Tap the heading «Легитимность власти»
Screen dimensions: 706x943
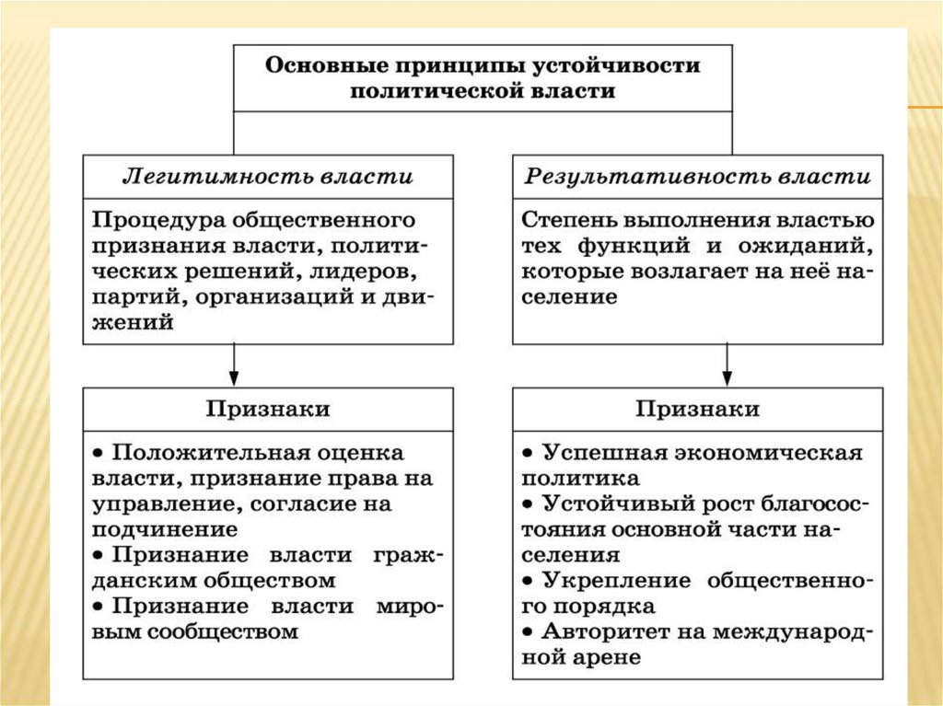coord(268,177)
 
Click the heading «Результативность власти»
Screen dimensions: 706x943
coord(697,177)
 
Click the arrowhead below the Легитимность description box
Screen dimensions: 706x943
coord(234,377)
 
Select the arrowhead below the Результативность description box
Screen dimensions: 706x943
coord(728,377)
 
